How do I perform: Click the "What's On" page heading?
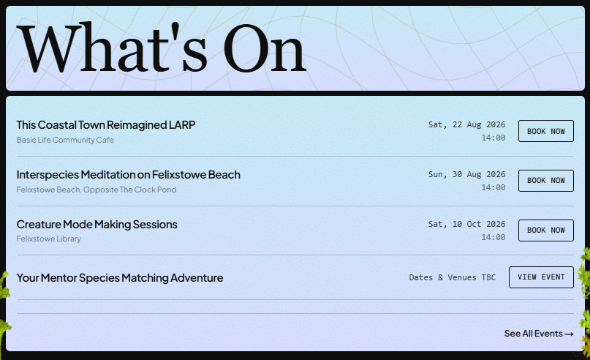point(162,47)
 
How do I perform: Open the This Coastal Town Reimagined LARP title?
point(106,125)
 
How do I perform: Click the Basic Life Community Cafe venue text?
point(65,140)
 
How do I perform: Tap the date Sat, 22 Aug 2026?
point(466,124)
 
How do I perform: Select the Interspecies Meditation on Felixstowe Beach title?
point(129,175)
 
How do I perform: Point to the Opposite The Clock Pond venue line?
point(97,190)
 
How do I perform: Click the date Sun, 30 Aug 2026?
point(466,174)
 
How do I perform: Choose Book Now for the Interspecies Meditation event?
point(546,181)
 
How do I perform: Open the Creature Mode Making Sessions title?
point(97,225)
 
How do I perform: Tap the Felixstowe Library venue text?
point(49,239)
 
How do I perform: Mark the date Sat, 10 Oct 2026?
point(466,224)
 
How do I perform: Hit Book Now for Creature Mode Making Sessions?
point(546,230)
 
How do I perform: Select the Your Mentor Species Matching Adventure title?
point(120,278)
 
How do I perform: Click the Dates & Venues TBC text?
point(453,277)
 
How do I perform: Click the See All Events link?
point(539,334)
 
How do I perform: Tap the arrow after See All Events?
point(569,334)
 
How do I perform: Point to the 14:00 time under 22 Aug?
point(493,138)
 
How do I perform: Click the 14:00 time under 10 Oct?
point(493,237)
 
